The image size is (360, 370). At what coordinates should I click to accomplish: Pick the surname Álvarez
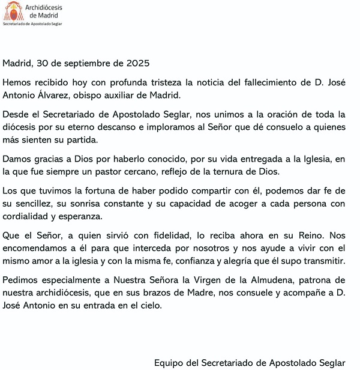coord(59,94)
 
